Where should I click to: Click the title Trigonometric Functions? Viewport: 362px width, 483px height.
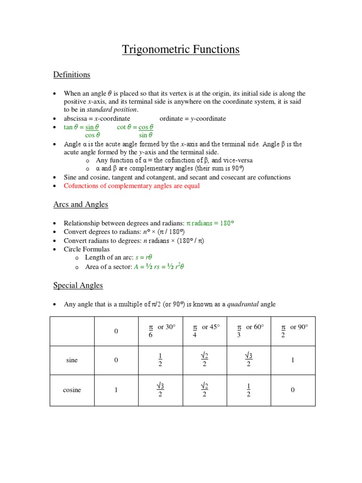(x=181, y=50)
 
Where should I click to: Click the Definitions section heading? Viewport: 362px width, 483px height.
(x=71, y=75)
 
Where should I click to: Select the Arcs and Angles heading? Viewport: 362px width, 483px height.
(x=81, y=205)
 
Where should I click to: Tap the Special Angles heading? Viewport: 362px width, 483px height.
(x=78, y=285)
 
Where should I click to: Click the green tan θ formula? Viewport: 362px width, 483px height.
(x=82, y=131)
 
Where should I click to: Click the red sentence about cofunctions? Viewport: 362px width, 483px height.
(x=132, y=186)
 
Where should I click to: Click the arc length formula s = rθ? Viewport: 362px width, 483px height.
(x=145, y=258)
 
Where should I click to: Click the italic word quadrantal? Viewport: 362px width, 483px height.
(x=243, y=305)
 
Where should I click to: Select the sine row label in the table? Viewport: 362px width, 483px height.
(x=72, y=360)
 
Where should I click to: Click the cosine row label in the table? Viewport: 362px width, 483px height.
(x=72, y=390)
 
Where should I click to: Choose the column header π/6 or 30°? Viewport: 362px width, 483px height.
(x=160, y=331)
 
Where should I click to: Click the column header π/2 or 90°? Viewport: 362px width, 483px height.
(x=293, y=331)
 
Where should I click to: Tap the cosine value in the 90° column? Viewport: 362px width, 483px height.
(x=293, y=390)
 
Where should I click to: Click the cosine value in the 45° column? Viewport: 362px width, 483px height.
(x=204, y=390)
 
